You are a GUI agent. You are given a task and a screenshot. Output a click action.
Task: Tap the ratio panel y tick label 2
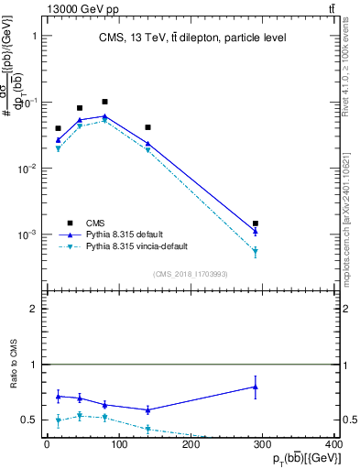coord(33,309)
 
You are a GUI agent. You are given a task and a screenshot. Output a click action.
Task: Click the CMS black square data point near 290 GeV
coord(256,224)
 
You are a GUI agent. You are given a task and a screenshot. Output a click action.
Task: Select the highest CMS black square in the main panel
coord(105,102)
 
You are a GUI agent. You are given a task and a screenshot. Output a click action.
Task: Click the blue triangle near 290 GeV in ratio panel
coord(256,387)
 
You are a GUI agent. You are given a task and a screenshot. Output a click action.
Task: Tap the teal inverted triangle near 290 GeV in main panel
coord(256,251)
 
